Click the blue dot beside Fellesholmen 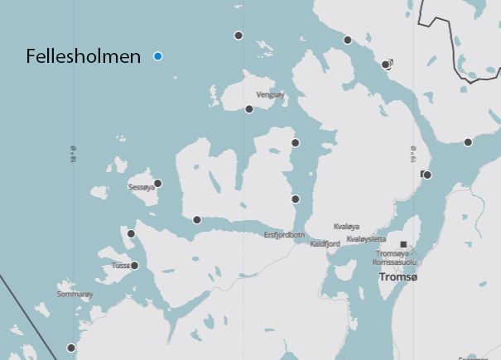(x=158, y=56)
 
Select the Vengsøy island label (x=270, y=95)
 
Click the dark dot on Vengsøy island (x=249, y=109)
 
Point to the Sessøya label (x=142, y=188)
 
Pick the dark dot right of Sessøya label (x=158, y=184)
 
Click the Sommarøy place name (x=75, y=294)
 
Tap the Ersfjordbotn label (x=285, y=235)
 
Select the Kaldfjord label (x=325, y=244)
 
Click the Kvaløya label (x=346, y=226)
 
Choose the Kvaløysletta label (x=366, y=238)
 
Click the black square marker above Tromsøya (x=403, y=244)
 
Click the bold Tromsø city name (x=398, y=278)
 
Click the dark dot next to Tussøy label (x=135, y=266)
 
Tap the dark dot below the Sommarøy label (x=71, y=348)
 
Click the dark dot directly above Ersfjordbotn (x=296, y=199)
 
